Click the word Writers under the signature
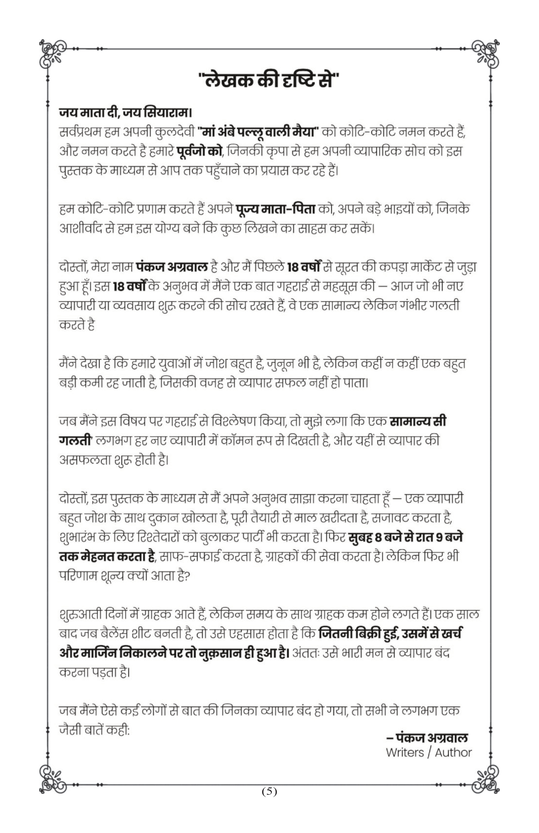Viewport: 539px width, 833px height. (405, 753)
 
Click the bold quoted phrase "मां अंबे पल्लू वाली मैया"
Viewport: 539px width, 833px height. (257, 133)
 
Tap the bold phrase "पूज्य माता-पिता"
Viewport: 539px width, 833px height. (276, 209)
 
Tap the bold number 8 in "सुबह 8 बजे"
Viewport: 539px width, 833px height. (378, 537)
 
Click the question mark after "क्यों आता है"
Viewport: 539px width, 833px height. (187, 576)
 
